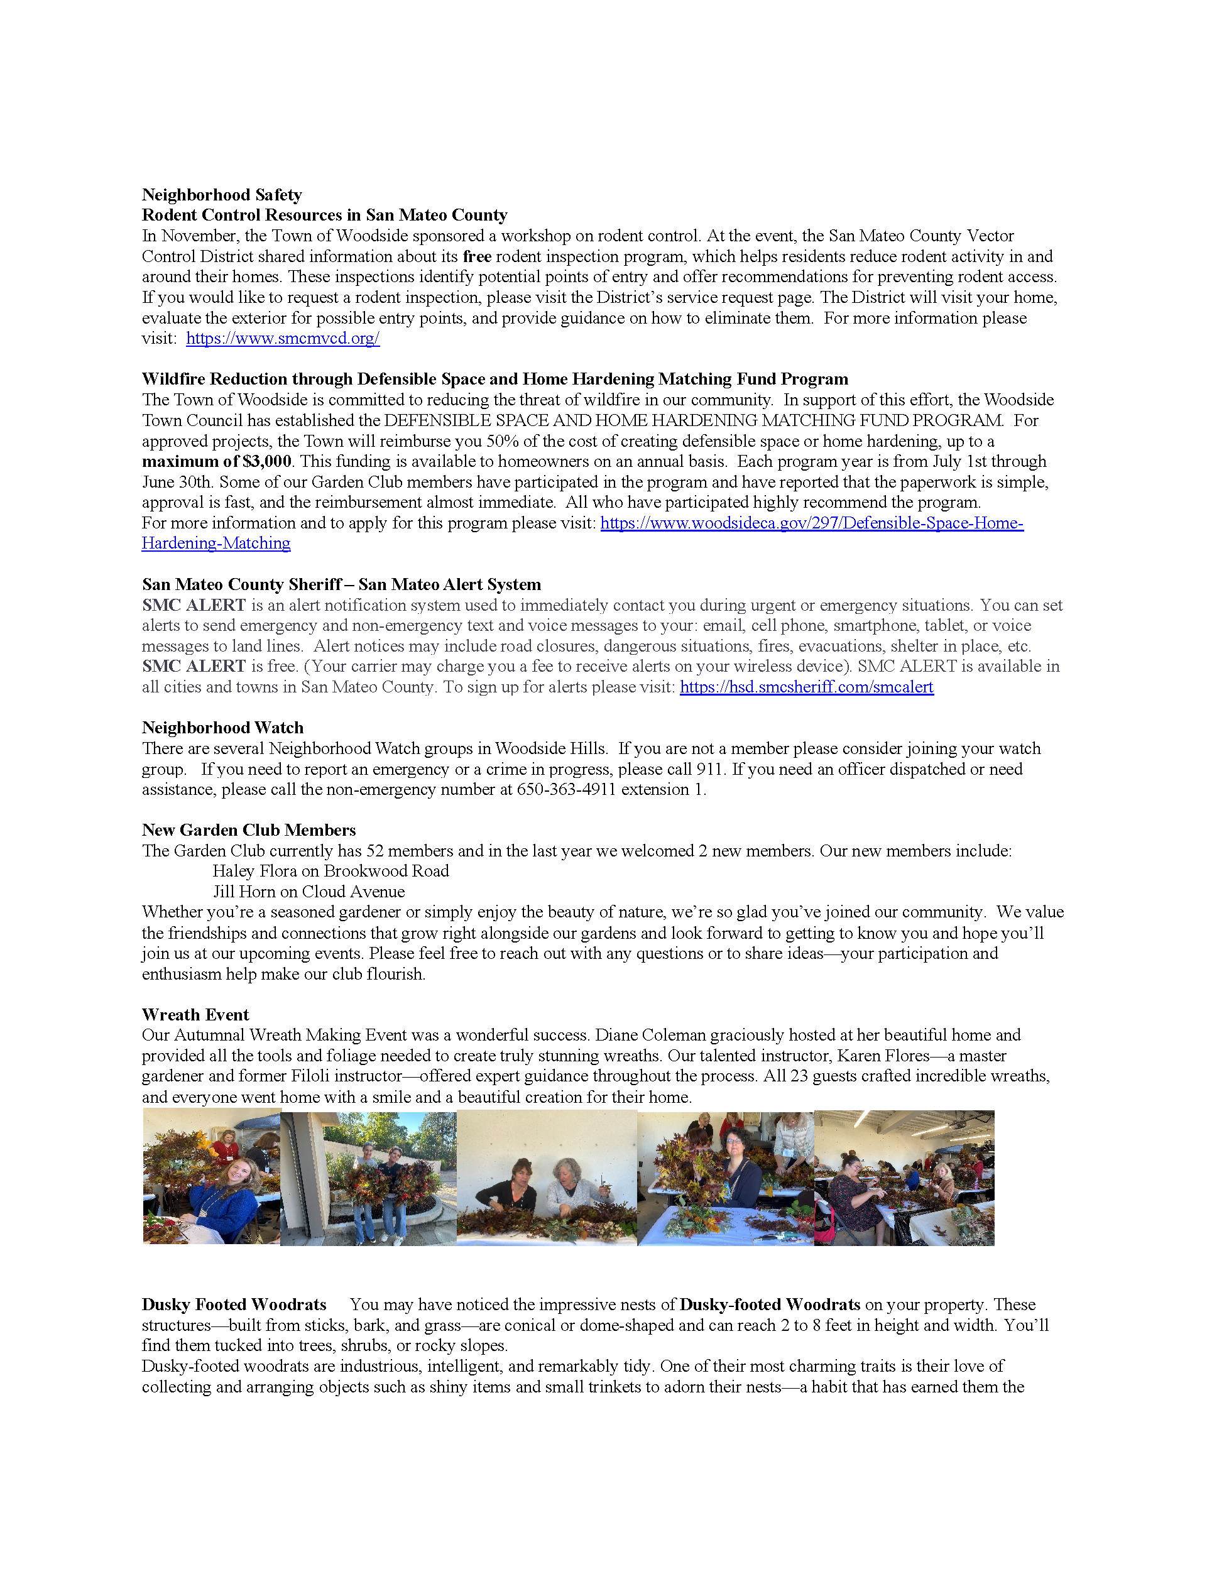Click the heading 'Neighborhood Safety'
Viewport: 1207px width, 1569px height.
click(221, 195)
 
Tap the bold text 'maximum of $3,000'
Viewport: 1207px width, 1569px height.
click(216, 461)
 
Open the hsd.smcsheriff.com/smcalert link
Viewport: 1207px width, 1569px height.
click(806, 687)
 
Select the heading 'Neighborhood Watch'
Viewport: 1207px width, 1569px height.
click(222, 728)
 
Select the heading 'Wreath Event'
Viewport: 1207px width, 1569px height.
click(195, 1014)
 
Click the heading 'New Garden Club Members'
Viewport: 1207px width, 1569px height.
click(249, 831)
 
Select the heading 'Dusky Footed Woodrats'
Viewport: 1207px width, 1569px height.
click(234, 1304)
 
